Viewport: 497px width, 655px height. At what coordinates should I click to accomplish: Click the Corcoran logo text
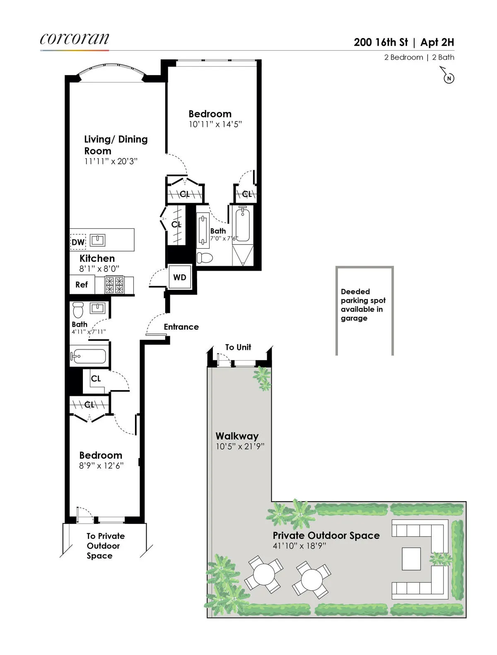[75, 39]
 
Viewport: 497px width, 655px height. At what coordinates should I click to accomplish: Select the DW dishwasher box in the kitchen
[78, 242]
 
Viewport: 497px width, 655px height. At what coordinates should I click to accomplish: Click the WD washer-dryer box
[180, 277]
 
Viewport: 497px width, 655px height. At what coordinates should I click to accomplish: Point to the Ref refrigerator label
[82, 285]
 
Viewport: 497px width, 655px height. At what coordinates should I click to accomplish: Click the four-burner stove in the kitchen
[114, 285]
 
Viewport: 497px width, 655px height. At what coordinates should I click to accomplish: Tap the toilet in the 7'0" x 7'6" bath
[204, 257]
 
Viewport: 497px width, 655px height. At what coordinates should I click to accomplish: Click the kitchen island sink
[98, 240]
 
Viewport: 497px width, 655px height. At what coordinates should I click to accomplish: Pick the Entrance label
[181, 327]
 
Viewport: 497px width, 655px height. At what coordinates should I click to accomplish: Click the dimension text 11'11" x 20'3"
[111, 161]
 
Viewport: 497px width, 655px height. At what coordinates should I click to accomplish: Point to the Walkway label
[237, 436]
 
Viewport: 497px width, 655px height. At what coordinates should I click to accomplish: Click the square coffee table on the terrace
[411, 559]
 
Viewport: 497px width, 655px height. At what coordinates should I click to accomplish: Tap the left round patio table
[264, 574]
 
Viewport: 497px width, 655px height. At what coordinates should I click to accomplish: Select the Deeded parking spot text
[363, 305]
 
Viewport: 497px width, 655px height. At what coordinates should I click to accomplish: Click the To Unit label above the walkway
[238, 347]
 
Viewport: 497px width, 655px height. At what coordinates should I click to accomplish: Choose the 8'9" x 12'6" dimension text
[101, 466]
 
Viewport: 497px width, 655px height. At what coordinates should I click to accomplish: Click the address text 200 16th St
[381, 42]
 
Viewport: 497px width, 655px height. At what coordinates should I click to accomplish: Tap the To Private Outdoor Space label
[105, 546]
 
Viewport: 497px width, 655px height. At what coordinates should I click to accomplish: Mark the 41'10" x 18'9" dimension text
[299, 546]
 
